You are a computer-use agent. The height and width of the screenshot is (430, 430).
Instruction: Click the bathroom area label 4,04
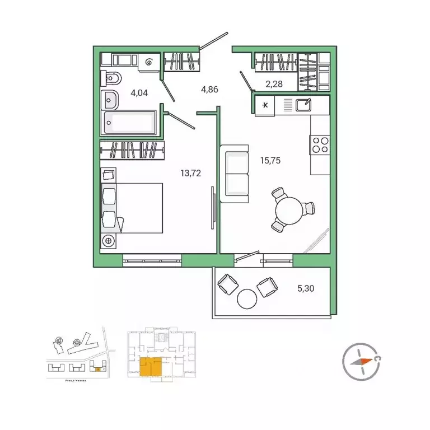tap(139, 93)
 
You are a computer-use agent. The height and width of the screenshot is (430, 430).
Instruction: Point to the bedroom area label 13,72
tap(190, 173)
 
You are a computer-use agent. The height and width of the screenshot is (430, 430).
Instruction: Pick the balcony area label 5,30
tap(306, 288)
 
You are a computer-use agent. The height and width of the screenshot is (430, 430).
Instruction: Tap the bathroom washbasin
tap(110, 99)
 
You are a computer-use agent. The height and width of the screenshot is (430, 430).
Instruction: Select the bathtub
tap(132, 122)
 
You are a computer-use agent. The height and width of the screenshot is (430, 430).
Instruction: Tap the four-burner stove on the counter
tap(320, 145)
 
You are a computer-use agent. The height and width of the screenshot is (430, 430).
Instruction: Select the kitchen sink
tap(303, 104)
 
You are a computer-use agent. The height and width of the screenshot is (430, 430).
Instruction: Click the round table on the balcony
tap(246, 298)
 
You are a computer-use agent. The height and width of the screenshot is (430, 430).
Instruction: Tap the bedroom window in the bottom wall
tap(152, 259)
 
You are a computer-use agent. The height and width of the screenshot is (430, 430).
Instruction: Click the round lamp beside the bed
tap(109, 241)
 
